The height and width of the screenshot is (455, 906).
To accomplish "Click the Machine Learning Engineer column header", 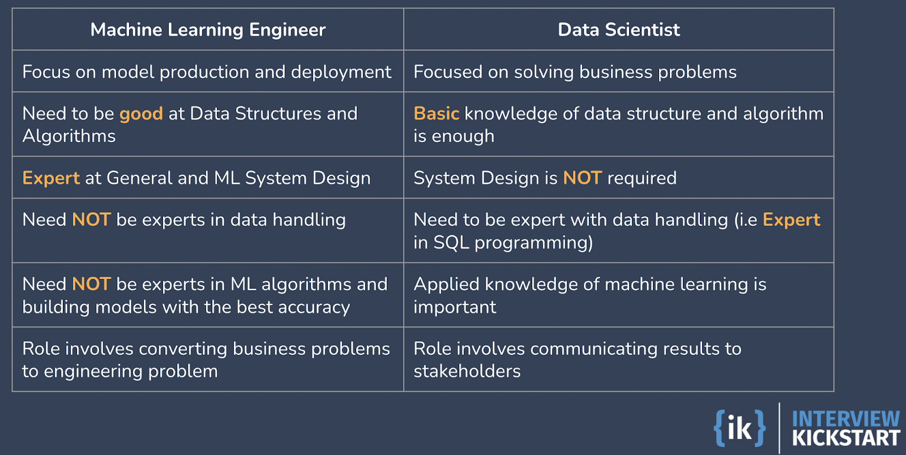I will [x=208, y=29].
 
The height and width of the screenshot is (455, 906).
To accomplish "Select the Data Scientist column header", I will [x=618, y=29].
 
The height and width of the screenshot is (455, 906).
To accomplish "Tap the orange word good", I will [x=141, y=114].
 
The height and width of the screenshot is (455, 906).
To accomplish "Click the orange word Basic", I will [x=436, y=114].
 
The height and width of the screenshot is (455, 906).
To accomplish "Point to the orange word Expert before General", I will [x=51, y=178].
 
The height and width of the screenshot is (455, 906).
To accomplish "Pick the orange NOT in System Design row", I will [x=582, y=178].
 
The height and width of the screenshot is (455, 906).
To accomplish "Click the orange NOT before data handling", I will [x=91, y=220].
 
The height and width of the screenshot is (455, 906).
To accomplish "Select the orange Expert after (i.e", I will [x=791, y=220].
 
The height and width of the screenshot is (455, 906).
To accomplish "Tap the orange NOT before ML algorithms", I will [x=91, y=284].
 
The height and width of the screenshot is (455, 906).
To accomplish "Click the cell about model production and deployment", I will [x=207, y=72].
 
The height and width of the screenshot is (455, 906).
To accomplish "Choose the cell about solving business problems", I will [x=575, y=72].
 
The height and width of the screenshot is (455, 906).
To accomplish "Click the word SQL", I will [x=451, y=243].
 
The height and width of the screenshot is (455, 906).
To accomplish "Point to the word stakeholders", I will [x=467, y=371].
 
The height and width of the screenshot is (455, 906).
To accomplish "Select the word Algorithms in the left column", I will [x=69, y=136].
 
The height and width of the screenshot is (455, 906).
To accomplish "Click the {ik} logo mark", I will [x=740, y=428].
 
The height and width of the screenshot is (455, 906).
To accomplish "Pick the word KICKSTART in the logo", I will [x=846, y=438].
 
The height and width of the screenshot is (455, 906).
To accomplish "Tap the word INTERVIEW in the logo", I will [x=846, y=419].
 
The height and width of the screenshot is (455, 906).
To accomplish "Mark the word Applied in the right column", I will [x=447, y=284].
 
